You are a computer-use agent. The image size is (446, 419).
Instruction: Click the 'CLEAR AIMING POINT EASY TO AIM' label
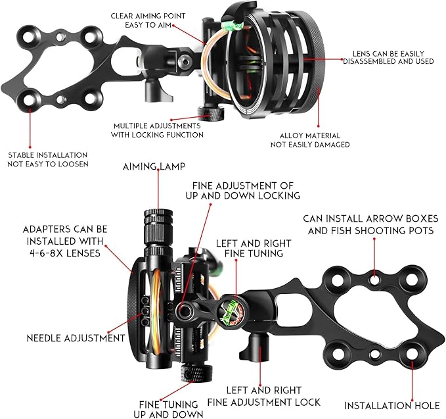(x=148, y=20)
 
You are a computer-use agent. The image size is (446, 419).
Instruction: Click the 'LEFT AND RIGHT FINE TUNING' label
(x=250, y=248)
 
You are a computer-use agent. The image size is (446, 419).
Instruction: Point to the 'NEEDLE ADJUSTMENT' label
(x=76, y=338)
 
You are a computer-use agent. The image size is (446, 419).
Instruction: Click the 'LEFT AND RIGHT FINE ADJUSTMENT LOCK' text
(x=264, y=397)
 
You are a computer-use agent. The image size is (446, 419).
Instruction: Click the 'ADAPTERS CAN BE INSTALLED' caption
(x=62, y=241)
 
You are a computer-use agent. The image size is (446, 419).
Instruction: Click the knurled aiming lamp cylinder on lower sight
(x=158, y=228)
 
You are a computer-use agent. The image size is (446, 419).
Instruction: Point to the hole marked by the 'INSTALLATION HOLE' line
(x=412, y=355)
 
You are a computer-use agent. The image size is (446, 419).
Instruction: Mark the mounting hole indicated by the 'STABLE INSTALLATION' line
(x=29, y=99)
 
